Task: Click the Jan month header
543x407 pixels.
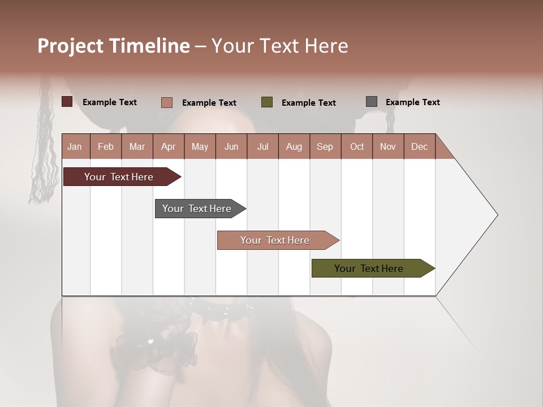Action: click(75, 147)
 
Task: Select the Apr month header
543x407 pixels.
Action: click(168, 147)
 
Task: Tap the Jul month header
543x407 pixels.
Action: click(262, 147)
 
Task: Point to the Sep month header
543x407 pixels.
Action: click(325, 147)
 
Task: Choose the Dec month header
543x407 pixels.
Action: click(419, 147)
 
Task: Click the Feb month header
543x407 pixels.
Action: click(106, 147)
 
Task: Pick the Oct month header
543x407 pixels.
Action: click(357, 147)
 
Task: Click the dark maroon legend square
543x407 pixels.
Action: click(67, 102)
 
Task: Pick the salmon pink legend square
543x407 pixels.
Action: click(167, 102)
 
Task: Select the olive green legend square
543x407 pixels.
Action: click(267, 102)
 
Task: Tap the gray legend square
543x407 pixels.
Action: click(372, 102)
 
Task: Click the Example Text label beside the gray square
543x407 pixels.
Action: click(412, 102)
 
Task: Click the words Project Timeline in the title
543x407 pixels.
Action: click(114, 46)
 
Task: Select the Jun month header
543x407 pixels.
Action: click(231, 147)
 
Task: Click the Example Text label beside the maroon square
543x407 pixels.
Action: click(110, 102)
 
